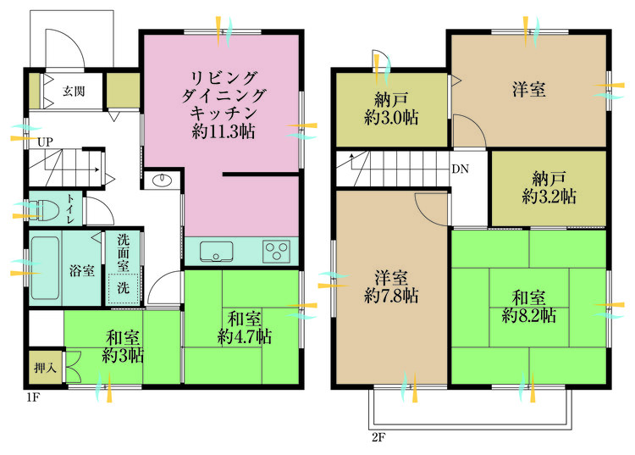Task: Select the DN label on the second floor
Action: click(460, 169)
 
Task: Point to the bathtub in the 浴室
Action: click(46, 270)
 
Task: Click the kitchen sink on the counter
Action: click(217, 251)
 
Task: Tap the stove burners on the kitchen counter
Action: click(276, 251)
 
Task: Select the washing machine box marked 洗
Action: click(124, 286)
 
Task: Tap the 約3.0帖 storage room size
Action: click(390, 118)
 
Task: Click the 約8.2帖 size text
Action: click(529, 316)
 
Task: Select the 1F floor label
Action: click(31, 396)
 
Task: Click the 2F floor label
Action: click(378, 438)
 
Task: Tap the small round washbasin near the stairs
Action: click(161, 181)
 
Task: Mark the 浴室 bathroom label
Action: click(80, 271)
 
